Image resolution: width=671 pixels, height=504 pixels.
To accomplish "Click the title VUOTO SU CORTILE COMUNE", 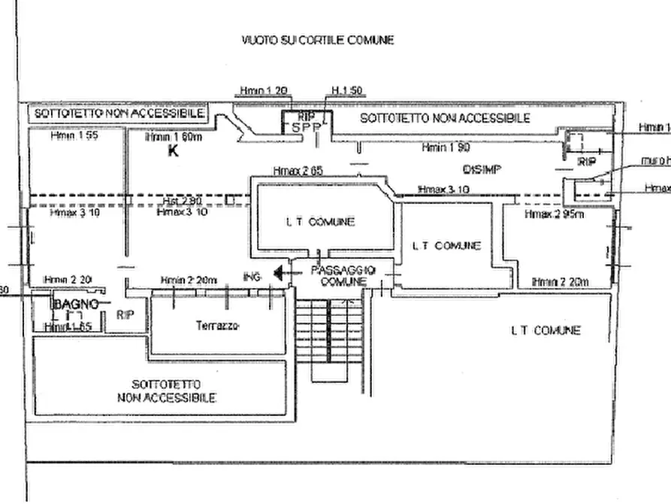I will pos(317,40).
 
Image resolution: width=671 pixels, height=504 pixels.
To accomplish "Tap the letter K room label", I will pos(172,151).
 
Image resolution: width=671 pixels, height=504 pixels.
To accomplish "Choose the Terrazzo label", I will pos(217,326).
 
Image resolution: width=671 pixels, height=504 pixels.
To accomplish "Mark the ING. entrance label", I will pos(251,278).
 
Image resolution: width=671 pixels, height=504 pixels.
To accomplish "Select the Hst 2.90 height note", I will pos(181,202).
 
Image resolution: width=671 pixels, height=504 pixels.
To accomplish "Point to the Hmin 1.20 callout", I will pos(264,91).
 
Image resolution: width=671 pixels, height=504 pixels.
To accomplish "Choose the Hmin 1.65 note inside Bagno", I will pos(70,327).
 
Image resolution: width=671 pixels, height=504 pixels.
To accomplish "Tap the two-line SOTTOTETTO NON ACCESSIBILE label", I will pos(167,390).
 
